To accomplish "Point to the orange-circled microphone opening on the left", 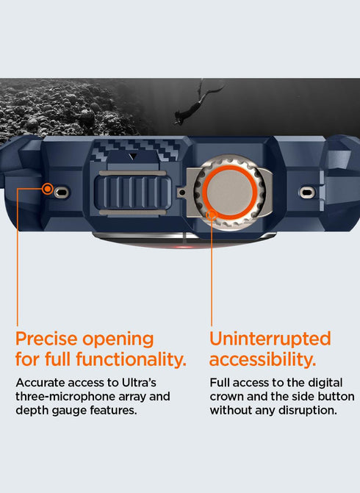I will pos(48,189).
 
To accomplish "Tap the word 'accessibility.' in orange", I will pos(262,360).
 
